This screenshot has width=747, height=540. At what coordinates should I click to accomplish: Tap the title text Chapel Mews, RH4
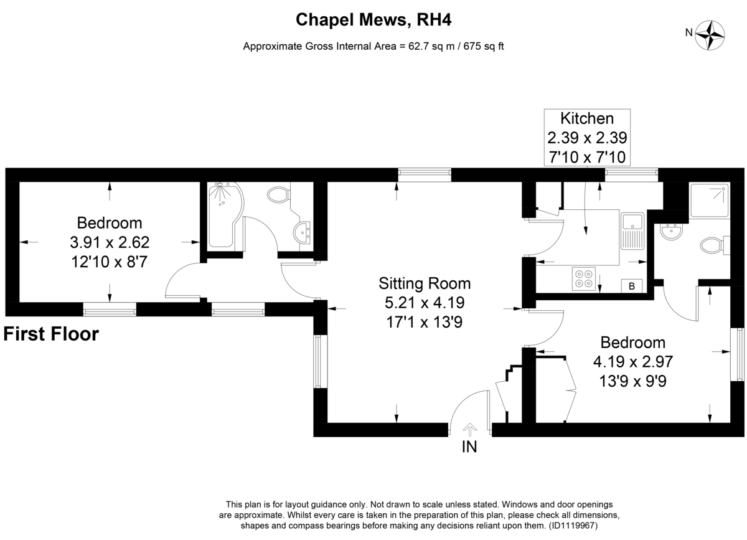tap(373, 20)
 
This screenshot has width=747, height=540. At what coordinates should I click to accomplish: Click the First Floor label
tap(51, 334)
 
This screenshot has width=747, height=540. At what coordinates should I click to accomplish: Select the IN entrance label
tap(469, 447)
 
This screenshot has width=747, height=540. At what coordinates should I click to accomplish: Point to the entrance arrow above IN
tap(469, 429)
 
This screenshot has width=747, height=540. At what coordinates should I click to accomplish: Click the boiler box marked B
tap(632, 286)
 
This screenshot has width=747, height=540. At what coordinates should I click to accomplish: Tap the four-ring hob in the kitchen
tap(584, 277)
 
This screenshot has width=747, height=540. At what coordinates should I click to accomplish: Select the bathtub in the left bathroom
tap(224, 215)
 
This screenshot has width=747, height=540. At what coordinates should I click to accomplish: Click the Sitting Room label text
tap(425, 284)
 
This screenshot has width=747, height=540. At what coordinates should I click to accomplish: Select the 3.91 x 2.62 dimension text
tap(109, 242)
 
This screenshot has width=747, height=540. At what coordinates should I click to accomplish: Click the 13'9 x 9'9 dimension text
tap(632, 379)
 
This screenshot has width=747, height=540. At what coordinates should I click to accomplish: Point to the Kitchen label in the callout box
tap(587, 118)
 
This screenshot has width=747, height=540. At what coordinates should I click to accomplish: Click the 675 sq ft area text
tap(483, 46)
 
